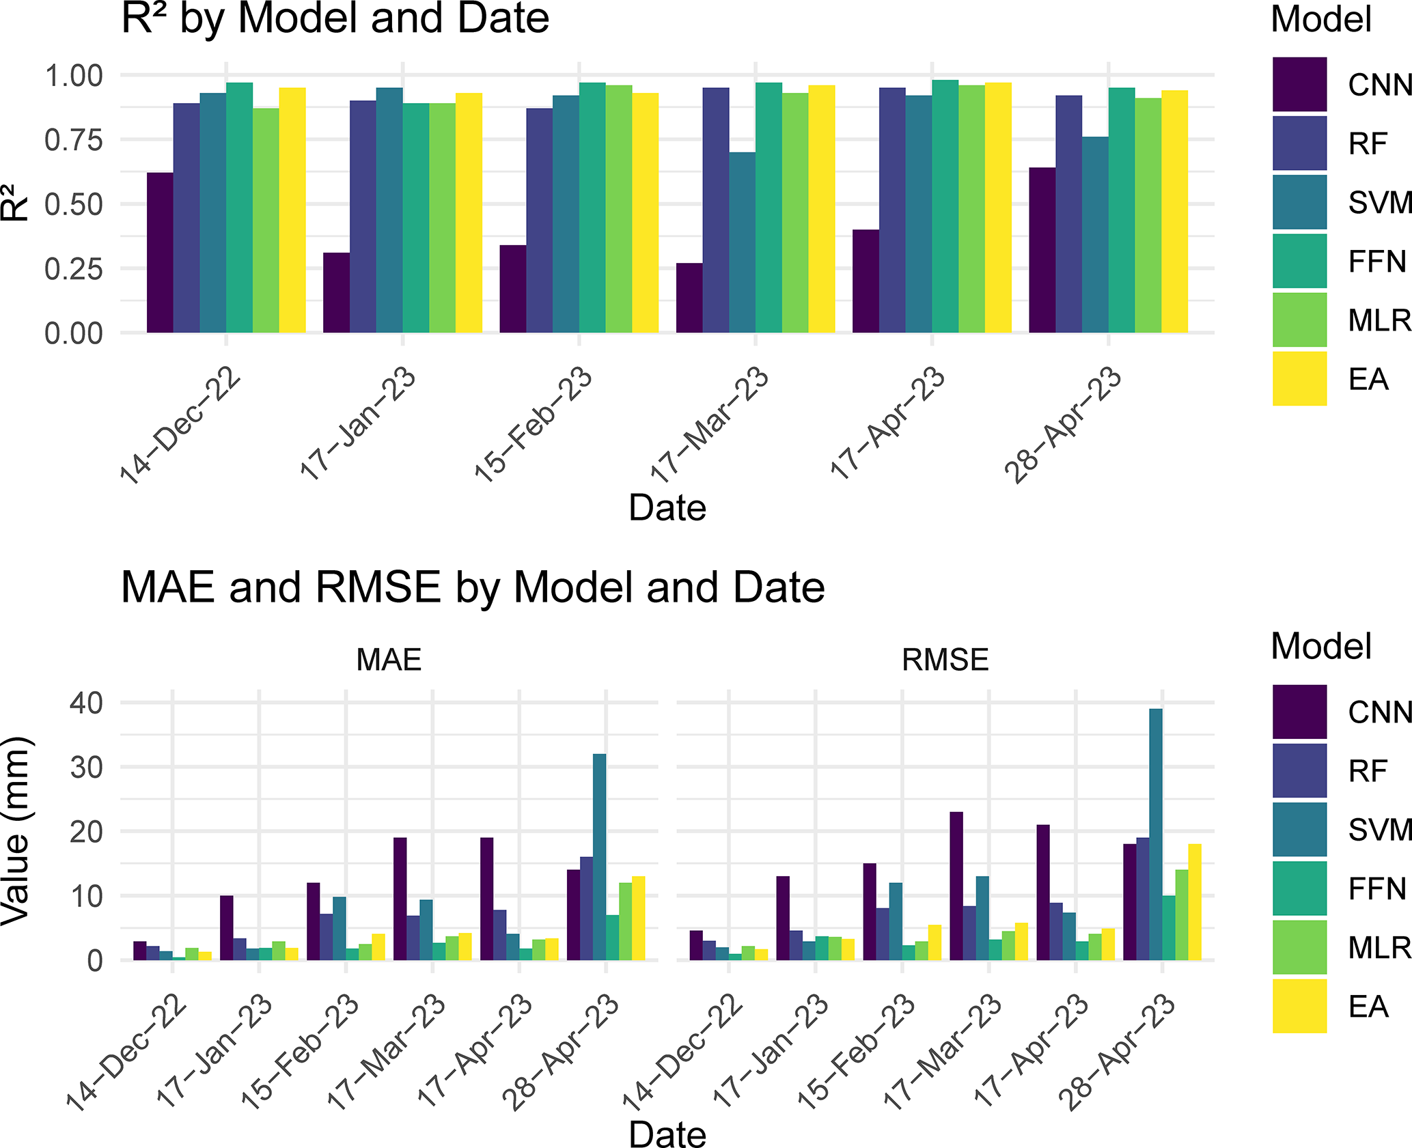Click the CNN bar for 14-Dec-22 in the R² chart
pos(160,253)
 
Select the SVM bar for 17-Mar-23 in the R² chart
pos(742,242)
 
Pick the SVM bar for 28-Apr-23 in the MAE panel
pos(599,857)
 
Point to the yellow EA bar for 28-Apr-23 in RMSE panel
pos(1195,902)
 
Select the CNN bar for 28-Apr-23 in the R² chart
pos(1042,250)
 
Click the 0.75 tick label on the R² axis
pos(73,140)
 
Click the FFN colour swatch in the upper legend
pos(1299,261)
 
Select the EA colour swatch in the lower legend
pos(1299,1006)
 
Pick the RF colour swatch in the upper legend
pos(1299,143)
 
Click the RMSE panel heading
pos(945,660)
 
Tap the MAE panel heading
pos(389,660)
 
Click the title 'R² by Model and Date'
pos(335,18)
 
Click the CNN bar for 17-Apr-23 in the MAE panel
pos(486,899)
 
